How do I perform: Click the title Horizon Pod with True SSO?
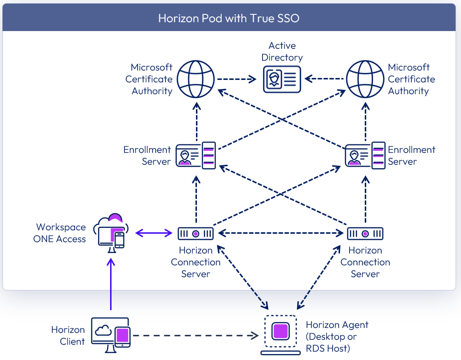click(229, 18)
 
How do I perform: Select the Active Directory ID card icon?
click(281, 79)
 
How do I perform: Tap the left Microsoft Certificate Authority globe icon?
click(196, 79)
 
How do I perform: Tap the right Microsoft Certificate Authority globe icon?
click(365, 79)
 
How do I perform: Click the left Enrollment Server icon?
click(196, 155)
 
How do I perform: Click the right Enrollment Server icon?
click(365, 155)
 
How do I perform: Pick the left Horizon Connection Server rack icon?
click(196, 233)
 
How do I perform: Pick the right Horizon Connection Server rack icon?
click(365, 233)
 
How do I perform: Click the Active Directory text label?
click(282, 52)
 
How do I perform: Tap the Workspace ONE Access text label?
click(60, 233)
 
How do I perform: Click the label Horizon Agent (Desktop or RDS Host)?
click(337, 336)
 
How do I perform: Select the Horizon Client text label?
click(68, 335)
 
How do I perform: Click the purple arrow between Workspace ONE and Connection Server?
click(154, 233)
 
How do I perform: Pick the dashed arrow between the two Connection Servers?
click(280, 233)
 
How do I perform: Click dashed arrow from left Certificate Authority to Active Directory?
click(237, 79)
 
